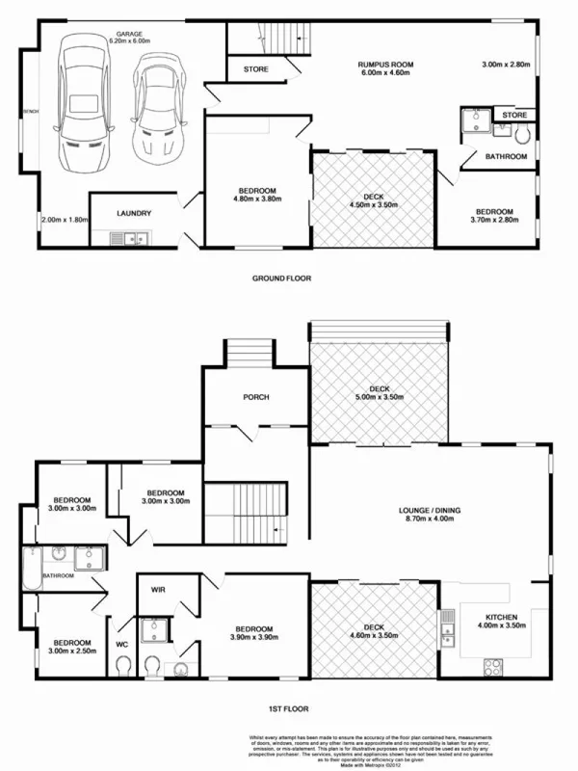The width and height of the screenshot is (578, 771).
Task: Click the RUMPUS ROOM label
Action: pos(385,63)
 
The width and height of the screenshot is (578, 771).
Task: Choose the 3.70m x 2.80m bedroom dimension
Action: pos(493,221)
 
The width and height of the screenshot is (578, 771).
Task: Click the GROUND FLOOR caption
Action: pos(282,279)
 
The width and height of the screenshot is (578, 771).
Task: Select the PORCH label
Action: pos(255,397)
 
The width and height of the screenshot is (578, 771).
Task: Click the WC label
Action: pos(122,643)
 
